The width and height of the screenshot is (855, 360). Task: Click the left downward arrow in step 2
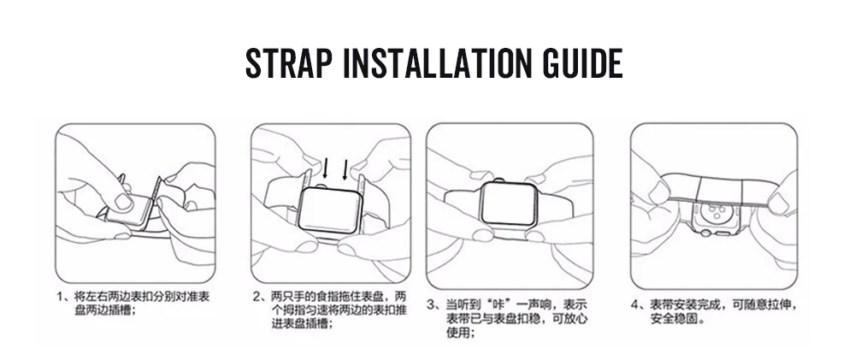(x=326, y=168)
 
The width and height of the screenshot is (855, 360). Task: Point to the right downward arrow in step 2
(x=345, y=168)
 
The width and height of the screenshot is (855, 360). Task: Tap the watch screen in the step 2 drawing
(x=329, y=211)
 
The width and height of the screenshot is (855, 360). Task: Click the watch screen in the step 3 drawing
(x=508, y=204)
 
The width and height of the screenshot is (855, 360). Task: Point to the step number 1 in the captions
(x=60, y=298)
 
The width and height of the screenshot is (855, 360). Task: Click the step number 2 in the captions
(x=257, y=298)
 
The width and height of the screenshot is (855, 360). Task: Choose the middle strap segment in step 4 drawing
(x=716, y=188)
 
